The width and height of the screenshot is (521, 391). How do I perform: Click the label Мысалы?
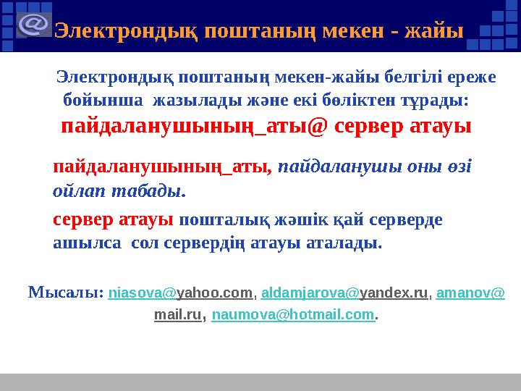pyautogui.click(x=65, y=293)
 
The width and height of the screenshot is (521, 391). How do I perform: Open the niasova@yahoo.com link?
pyautogui.click(x=181, y=294)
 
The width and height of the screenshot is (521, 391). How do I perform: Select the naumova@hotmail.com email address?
pyautogui.click(x=294, y=316)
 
